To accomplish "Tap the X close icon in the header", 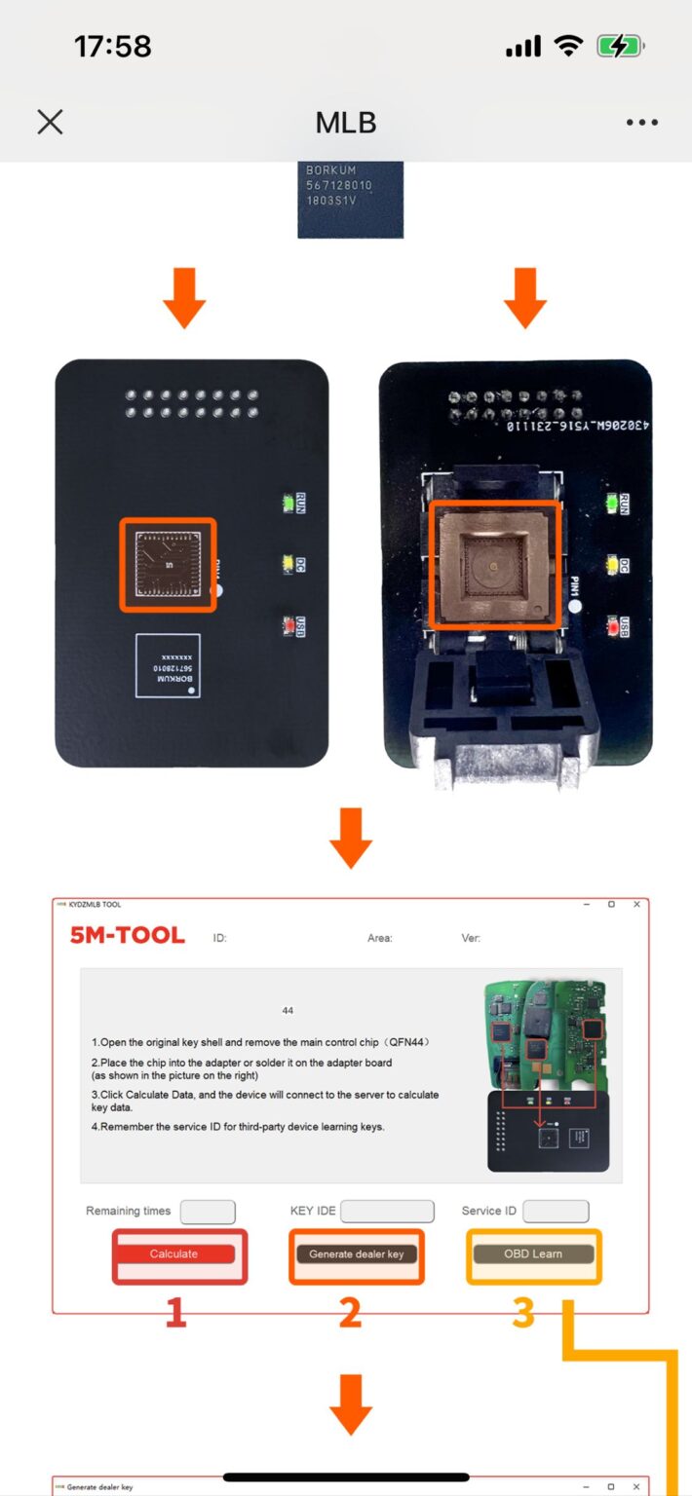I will [50, 122].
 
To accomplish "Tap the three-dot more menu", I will [642, 123].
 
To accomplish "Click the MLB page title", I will [346, 123].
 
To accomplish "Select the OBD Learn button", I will [533, 1254].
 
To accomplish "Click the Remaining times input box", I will [208, 1212].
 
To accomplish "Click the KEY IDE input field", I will [387, 1212].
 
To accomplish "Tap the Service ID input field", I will [556, 1212].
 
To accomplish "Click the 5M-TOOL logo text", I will [127, 936].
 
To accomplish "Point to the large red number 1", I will [175, 1314].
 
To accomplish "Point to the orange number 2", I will [350, 1314].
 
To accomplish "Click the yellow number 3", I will [523, 1314].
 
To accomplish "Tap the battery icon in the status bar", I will [620, 46].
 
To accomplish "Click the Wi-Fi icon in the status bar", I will [567, 46].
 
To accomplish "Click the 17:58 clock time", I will [113, 46].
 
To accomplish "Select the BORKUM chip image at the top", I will [350, 199].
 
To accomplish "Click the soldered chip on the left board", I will [168, 565].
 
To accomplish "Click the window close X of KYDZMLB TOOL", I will [636, 905].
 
